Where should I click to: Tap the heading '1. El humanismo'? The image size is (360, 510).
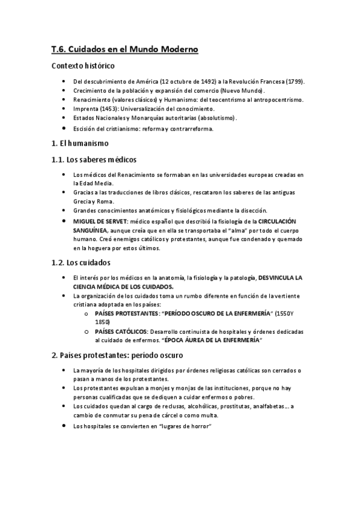pyautogui.click(x=80, y=144)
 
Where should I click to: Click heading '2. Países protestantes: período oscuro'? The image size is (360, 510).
pyautogui.click(x=117, y=355)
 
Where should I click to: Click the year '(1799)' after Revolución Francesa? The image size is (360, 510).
pyautogui.click(x=294, y=81)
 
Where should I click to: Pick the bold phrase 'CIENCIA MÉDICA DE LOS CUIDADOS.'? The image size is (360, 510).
pyautogui.click(x=115, y=286)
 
